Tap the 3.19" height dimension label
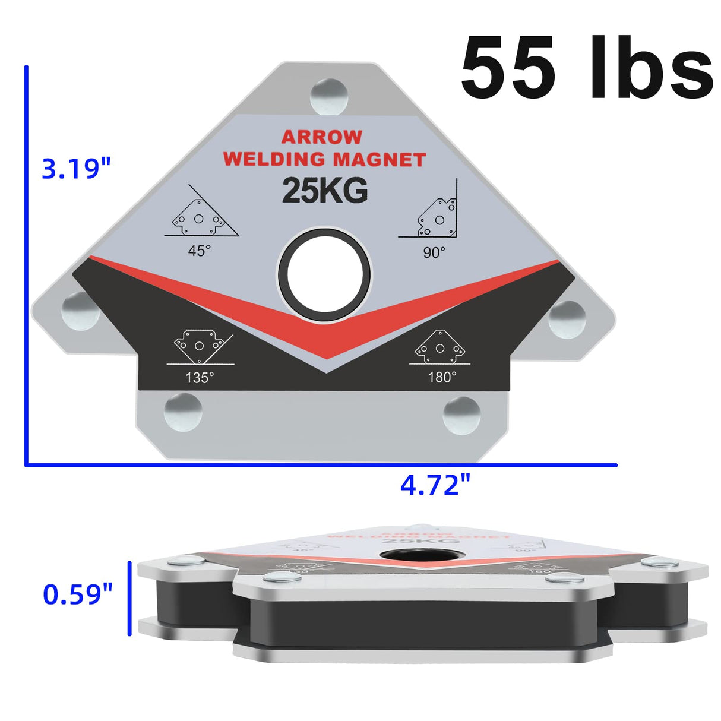click(x=77, y=169)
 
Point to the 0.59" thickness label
click(x=77, y=594)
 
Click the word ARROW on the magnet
click(x=321, y=137)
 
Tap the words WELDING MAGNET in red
click(x=324, y=159)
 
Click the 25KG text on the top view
click(x=325, y=191)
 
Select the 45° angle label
click(x=199, y=251)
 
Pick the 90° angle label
click(x=434, y=252)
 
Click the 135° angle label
click(x=200, y=377)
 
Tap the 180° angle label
click(x=442, y=377)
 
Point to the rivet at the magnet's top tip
click(x=328, y=96)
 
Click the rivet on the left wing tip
click(x=81, y=311)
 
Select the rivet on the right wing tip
click(x=567, y=319)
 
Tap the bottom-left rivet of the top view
click(x=183, y=412)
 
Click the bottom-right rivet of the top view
click(x=461, y=415)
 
